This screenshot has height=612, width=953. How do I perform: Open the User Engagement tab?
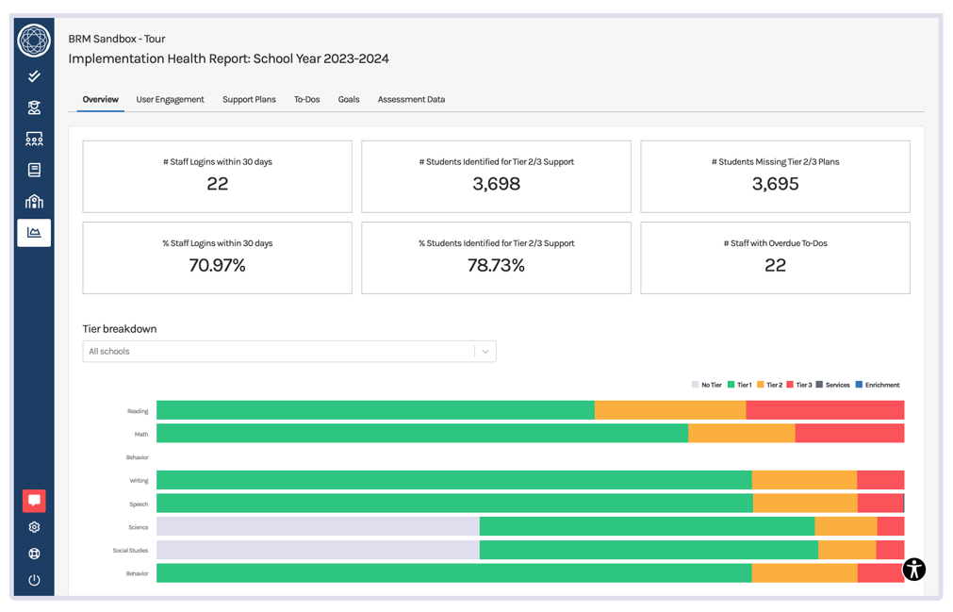[170, 99]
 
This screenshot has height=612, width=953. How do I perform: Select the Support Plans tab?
[249, 99]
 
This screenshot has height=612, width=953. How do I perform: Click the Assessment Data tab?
[411, 99]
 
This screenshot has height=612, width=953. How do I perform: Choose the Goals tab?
[349, 99]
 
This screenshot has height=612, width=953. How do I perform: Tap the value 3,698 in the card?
[496, 184]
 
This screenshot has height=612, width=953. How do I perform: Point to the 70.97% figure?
[217, 266]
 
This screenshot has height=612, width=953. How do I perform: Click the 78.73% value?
[496, 266]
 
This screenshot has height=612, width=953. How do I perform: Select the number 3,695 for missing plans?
[775, 184]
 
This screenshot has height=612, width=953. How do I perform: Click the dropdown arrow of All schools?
[485, 352]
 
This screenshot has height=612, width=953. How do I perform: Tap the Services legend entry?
[833, 385]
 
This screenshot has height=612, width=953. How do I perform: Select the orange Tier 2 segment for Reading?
[669, 410]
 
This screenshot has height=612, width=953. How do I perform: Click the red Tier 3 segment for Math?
[848, 433]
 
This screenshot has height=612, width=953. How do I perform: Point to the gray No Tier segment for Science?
[318, 526]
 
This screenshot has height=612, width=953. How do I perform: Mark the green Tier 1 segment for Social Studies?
[649, 550]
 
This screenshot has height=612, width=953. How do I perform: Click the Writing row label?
[139, 481]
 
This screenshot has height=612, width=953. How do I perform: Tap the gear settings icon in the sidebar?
[34, 528]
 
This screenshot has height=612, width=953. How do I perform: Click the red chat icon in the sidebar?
[34, 501]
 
